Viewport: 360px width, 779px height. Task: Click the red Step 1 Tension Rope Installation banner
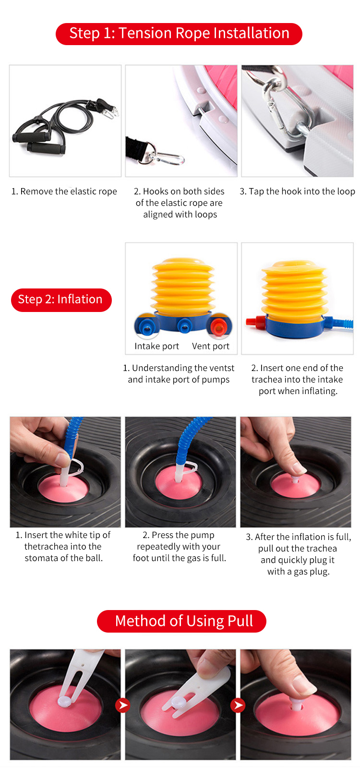[179, 34]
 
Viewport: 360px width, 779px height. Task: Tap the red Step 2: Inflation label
[61, 300]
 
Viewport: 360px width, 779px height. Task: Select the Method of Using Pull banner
[181, 621]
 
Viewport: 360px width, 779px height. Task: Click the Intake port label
[156, 347]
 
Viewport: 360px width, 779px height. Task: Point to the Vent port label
[210, 347]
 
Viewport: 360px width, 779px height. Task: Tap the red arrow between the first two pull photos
[123, 705]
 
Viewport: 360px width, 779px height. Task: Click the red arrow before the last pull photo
[238, 705]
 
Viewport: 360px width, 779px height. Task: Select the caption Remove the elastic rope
[64, 192]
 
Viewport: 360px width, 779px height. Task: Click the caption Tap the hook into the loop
[298, 192]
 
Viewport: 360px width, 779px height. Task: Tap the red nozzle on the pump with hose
[255, 322]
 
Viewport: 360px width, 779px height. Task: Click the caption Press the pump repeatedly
[179, 547]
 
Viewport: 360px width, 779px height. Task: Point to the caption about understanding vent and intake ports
[179, 374]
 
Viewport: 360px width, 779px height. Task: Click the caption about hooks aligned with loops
[180, 203]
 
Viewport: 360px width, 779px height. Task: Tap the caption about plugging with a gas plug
[298, 554]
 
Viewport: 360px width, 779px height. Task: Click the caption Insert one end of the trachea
[298, 379]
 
